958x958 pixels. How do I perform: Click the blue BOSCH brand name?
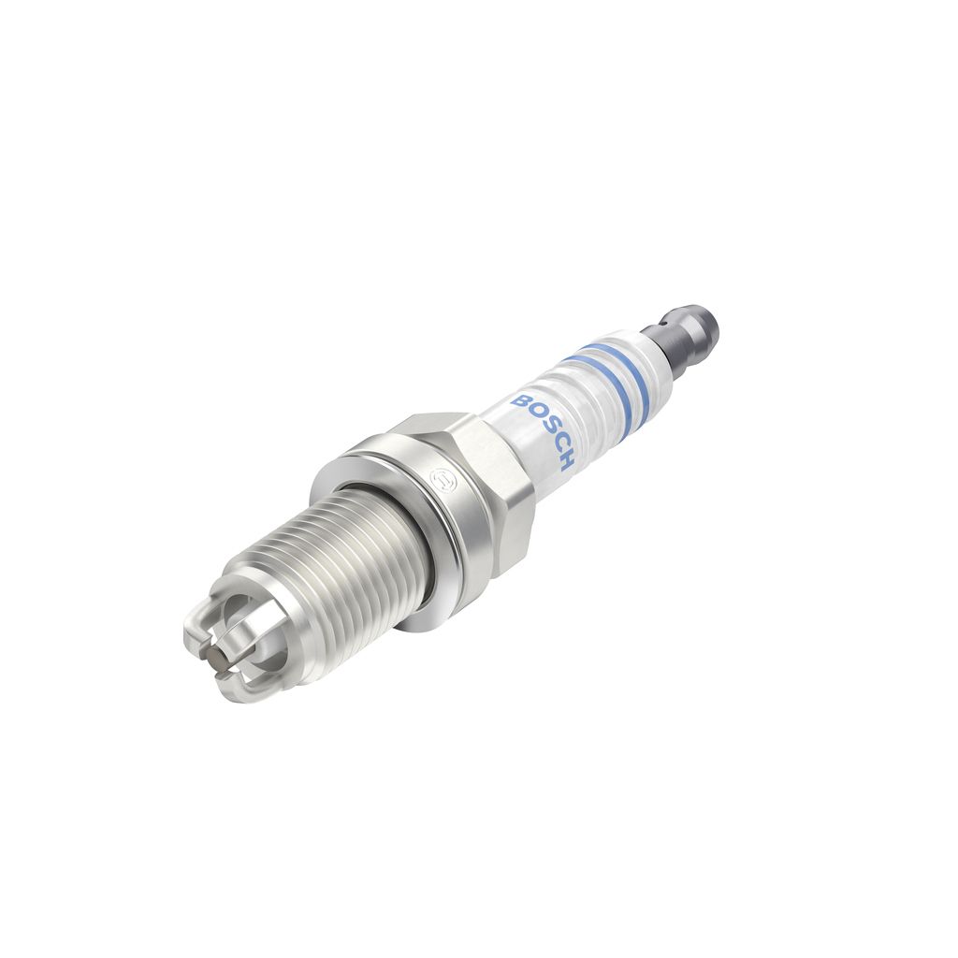coord(544,432)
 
